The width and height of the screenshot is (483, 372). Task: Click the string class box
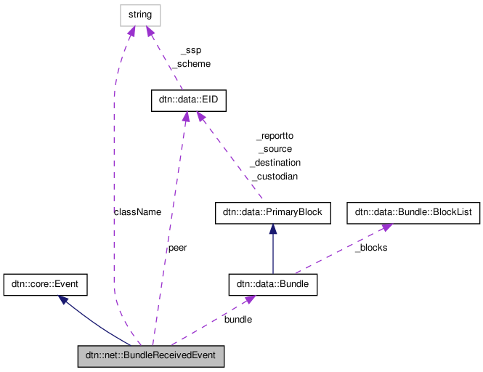pos(140,15)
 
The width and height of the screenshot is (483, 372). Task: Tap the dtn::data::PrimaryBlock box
pos(273,213)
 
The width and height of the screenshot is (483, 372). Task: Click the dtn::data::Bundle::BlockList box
pos(413,213)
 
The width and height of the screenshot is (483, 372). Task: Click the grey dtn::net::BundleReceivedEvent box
pos(151,356)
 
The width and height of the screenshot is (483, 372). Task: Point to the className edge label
pos(137,211)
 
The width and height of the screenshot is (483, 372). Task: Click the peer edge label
pos(177,248)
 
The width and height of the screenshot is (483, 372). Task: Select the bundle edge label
pos(238,319)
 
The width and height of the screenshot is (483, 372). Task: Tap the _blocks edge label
pos(370,248)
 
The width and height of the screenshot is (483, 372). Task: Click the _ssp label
pos(190,50)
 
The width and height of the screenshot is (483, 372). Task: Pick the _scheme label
pos(190,64)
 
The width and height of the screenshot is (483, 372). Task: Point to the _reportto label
pos(275,135)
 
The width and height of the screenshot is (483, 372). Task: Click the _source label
pos(275,149)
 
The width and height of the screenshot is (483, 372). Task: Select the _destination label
pos(275,163)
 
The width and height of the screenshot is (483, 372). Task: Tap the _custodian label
pos(275,177)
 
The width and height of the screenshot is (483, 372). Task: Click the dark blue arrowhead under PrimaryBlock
pos(273,228)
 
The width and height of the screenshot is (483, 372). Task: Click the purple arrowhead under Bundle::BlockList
pos(386,227)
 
